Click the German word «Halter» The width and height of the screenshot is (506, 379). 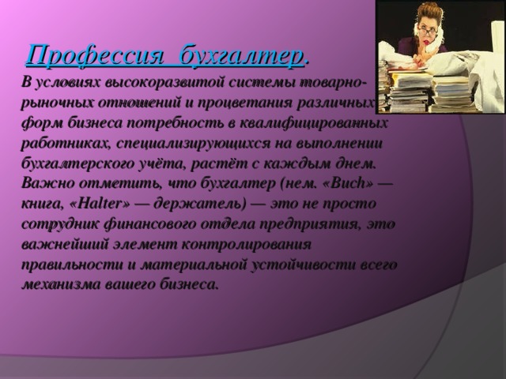click(95, 204)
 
